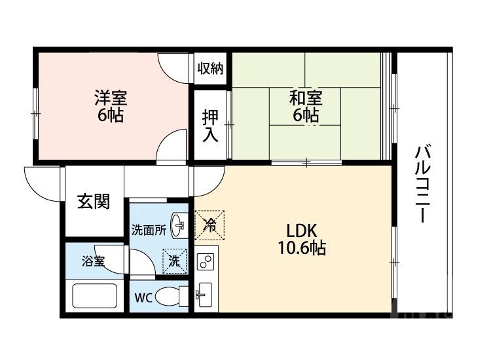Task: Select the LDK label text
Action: click(301, 231)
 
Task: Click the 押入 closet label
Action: click(209, 126)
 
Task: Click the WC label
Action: click(143, 298)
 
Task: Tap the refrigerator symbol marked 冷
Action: click(209, 225)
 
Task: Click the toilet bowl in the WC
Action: click(172, 297)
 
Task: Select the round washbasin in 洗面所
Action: click(178, 226)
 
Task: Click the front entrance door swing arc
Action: click(43, 183)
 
